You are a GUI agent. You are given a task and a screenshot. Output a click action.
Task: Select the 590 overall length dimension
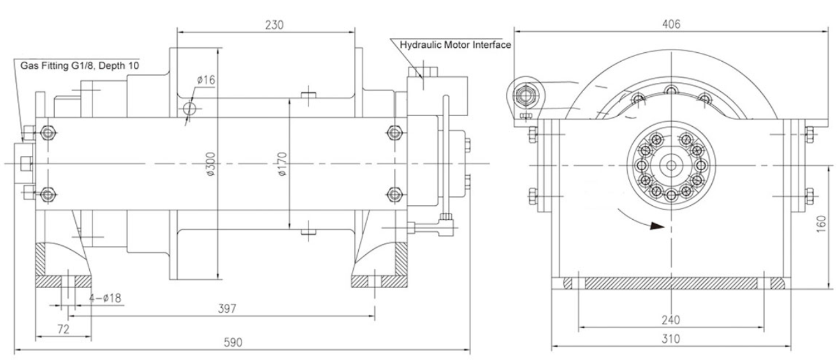pos(234,342)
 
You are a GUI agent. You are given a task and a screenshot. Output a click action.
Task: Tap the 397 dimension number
pos(227,308)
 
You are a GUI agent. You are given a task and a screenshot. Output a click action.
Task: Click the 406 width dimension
pos(671,24)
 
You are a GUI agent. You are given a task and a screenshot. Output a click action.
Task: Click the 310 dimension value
pos(670,339)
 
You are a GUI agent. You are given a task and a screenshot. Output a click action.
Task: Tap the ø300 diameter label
pos(210,165)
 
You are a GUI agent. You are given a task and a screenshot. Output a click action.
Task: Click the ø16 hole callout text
pos(205,80)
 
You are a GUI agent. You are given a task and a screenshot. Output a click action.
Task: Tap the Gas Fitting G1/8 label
pos(80,65)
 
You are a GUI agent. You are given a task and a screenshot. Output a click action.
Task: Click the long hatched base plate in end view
pos(670,282)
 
